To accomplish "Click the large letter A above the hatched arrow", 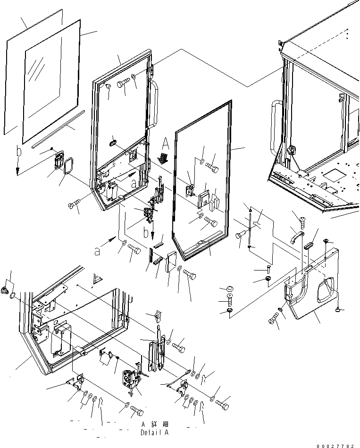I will [x=166, y=144].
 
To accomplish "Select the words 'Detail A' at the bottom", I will [x=154, y=432].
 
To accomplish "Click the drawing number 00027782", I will [x=335, y=445].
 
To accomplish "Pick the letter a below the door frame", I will [x=98, y=252].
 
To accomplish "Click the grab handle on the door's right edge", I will [x=153, y=104].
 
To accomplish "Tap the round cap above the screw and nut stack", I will [x=230, y=288].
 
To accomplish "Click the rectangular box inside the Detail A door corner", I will [x=60, y=340].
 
